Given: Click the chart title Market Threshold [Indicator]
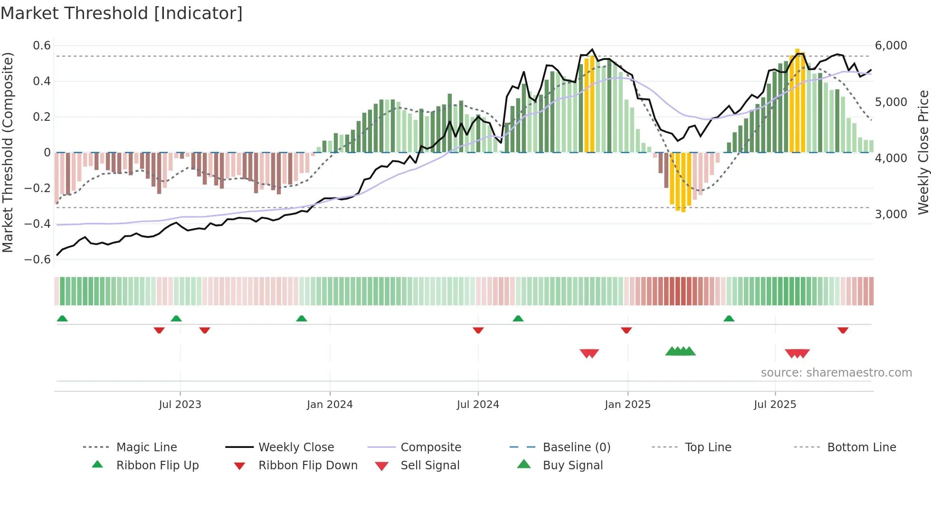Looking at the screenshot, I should click(x=122, y=13).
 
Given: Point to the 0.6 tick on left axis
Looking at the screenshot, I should click(x=42, y=46).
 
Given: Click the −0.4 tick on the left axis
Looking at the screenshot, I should click(x=38, y=223).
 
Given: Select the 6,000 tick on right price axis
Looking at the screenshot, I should click(x=891, y=46).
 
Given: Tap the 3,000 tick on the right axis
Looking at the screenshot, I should click(x=891, y=214).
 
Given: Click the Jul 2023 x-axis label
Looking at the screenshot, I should click(x=180, y=405).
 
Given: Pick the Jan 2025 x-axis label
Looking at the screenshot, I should click(x=627, y=405).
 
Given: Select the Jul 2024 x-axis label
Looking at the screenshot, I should click(x=478, y=405).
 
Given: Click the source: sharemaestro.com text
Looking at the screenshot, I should click(x=836, y=373).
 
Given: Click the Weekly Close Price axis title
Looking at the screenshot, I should click(x=923, y=152).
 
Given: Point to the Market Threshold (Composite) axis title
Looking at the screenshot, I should click(x=8, y=152).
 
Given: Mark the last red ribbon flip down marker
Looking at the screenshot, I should click(x=843, y=330).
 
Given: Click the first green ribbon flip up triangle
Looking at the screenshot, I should click(x=62, y=319).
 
